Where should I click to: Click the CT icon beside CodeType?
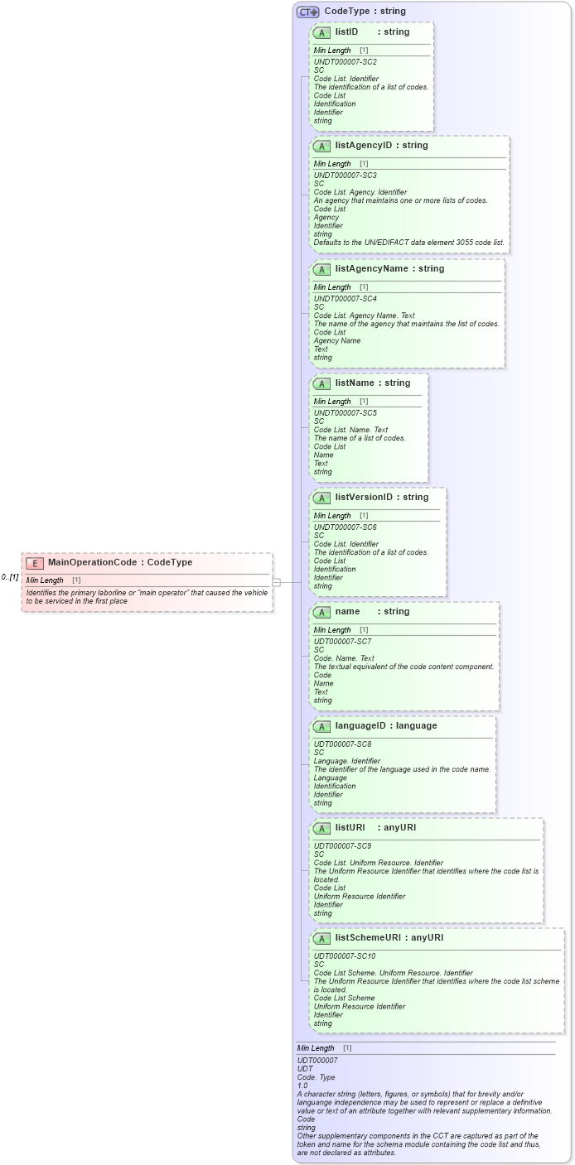pos(308,12)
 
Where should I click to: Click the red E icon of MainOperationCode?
pos(35,563)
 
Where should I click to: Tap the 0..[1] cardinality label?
pos(10,577)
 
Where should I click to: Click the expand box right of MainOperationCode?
pos(277,582)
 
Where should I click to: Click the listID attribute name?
pos(346,32)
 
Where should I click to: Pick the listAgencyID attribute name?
pos(362,146)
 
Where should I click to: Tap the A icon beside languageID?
pos(321,726)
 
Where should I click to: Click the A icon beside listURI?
pos(321,828)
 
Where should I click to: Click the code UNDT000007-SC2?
pos(345,62)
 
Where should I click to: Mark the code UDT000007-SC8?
pos(342,744)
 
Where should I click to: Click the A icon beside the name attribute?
pos(321,612)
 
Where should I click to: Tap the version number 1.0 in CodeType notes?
pos(302,1086)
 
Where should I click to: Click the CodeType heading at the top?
pos(365,12)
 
